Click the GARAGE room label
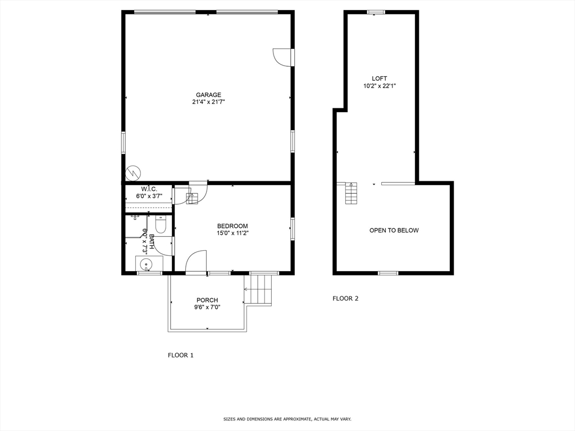(208, 95)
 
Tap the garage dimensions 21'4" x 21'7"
(208, 102)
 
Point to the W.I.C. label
(149, 189)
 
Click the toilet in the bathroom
(161, 224)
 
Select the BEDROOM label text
(232, 226)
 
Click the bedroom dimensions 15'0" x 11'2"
(232, 233)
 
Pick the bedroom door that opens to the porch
(196, 262)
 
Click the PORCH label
(207, 300)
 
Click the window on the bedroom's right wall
(292, 229)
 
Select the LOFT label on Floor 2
(379, 79)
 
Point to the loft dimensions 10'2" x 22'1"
(379, 86)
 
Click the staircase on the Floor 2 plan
(351, 194)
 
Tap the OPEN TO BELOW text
(394, 230)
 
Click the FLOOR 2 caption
(345, 299)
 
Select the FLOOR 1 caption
(181, 355)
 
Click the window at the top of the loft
(376, 12)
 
